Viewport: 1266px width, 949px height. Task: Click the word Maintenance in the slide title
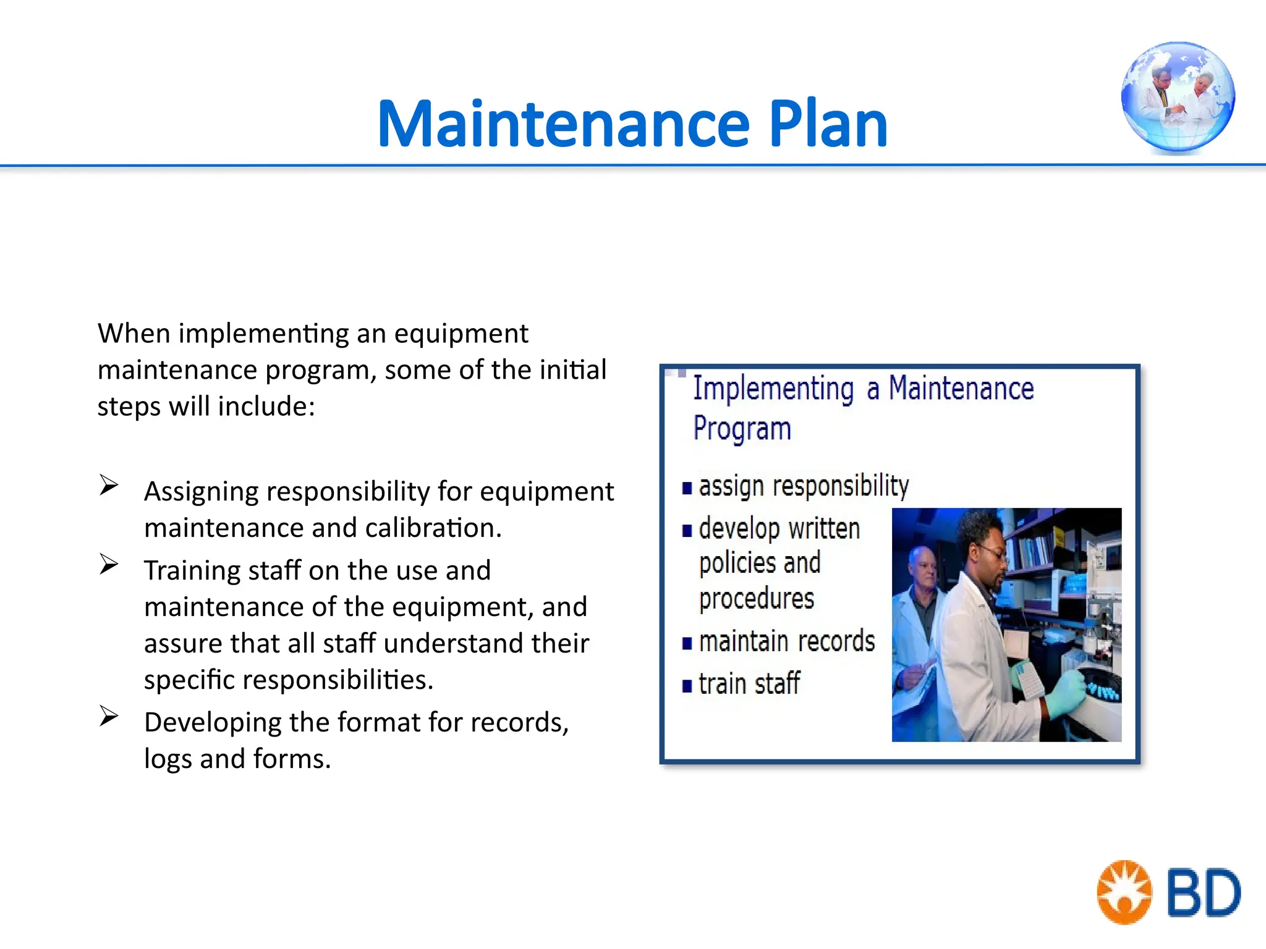point(563,125)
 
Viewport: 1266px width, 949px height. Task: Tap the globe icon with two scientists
point(1178,97)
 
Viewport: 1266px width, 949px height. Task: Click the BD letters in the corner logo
point(1203,893)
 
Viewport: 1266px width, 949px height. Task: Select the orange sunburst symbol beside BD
point(1124,892)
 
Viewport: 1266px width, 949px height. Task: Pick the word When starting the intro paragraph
point(134,334)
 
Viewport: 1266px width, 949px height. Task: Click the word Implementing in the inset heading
point(773,389)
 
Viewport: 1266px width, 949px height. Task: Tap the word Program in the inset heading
point(742,429)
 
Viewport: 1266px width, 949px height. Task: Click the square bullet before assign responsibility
point(687,489)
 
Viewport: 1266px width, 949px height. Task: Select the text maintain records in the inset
point(786,641)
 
